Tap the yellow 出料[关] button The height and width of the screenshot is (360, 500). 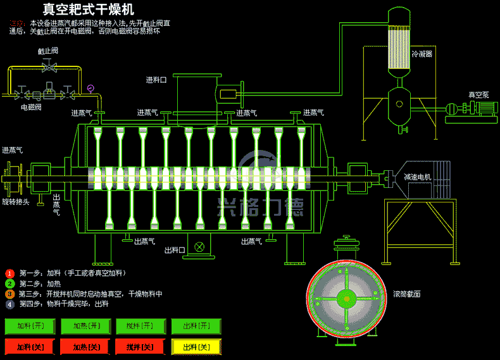(x=196, y=347)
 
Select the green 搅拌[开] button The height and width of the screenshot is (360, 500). (x=141, y=326)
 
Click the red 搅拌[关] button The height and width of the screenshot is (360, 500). (x=141, y=347)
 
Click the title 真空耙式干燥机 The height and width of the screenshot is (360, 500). (x=89, y=9)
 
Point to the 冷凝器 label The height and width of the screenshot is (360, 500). (x=422, y=54)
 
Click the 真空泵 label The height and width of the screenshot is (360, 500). (x=478, y=94)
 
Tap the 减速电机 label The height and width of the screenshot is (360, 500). (x=418, y=177)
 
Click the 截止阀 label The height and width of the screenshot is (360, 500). (x=47, y=51)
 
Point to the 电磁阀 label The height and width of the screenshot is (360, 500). (x=31, y=108)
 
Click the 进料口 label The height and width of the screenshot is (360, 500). (x=156, y=80)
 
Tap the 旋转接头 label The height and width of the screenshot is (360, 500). (x=16, y=202)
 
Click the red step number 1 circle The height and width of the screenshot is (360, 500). (x=9, y=273)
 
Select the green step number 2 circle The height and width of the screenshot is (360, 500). (x=9, y=283)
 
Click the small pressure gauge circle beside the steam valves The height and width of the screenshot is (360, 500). (x=91, y=87)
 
